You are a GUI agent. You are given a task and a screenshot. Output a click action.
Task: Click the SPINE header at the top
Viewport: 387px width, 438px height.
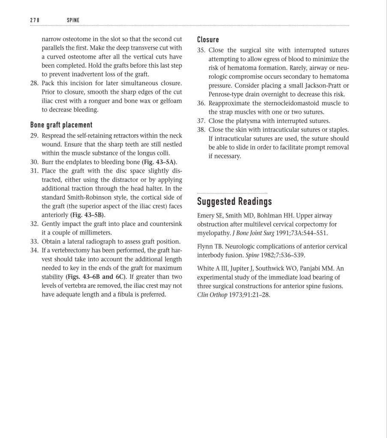[x=74, y=20]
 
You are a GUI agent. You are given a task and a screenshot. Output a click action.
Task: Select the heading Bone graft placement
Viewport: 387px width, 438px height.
[x=61, y=125]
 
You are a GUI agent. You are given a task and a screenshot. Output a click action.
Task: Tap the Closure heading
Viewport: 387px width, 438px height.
[x=208, y=40]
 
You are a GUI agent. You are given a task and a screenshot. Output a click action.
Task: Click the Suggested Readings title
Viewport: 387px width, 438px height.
[x=234, y=201]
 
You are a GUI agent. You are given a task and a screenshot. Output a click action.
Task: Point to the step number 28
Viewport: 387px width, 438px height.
[x=34, y=83]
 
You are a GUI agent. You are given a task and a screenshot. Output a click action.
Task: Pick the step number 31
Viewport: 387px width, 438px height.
[x=34, y=171]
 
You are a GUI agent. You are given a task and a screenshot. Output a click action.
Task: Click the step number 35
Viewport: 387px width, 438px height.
[x=201, y=50]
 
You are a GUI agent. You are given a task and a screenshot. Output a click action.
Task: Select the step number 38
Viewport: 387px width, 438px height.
[x=201, y=129]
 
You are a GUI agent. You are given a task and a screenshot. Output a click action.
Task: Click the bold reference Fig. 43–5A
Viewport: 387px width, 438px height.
[x=159, y=162]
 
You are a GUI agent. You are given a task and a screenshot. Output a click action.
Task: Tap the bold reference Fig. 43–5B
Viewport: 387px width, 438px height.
[x=88, y=215]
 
